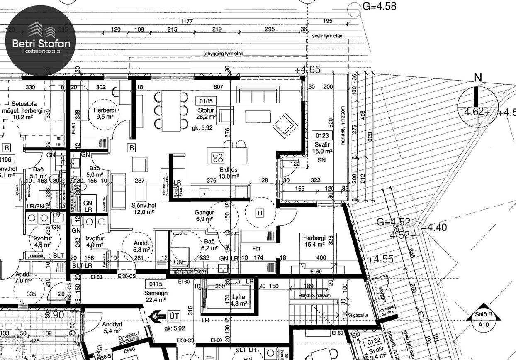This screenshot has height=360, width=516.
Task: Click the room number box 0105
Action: [x=206, y=101]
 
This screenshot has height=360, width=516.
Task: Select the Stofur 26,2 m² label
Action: [x=206, y=113]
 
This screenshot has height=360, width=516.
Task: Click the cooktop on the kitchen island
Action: [x=218, y=157]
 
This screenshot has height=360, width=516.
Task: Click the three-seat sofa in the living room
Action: [x=258, y=95]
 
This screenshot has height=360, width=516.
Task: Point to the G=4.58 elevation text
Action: [x=379, y=6]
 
